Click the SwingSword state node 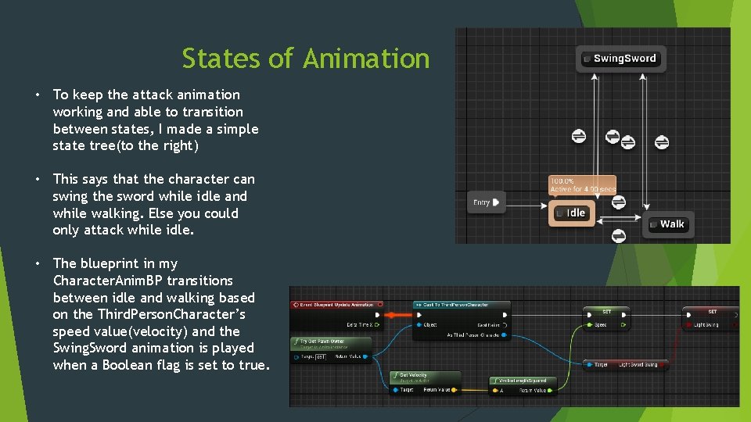(x=622, y=59)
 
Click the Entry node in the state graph (x=486, y=202)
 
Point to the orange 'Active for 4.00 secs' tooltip (x=583, y=185)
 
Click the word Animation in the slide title (x=366, y=59)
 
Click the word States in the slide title (x=210, y=59)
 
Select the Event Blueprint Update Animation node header (x=336, y=305)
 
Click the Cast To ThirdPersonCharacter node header (x=462, y=305)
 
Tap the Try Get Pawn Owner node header (x=329, y=342)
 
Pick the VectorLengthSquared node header (x=522, y=381)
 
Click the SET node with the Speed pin (x=607, y=311)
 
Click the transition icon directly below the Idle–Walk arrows (x=617, y=234)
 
